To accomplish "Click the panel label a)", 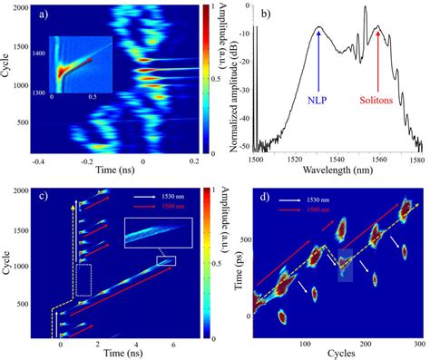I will (x=43, y=15).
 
